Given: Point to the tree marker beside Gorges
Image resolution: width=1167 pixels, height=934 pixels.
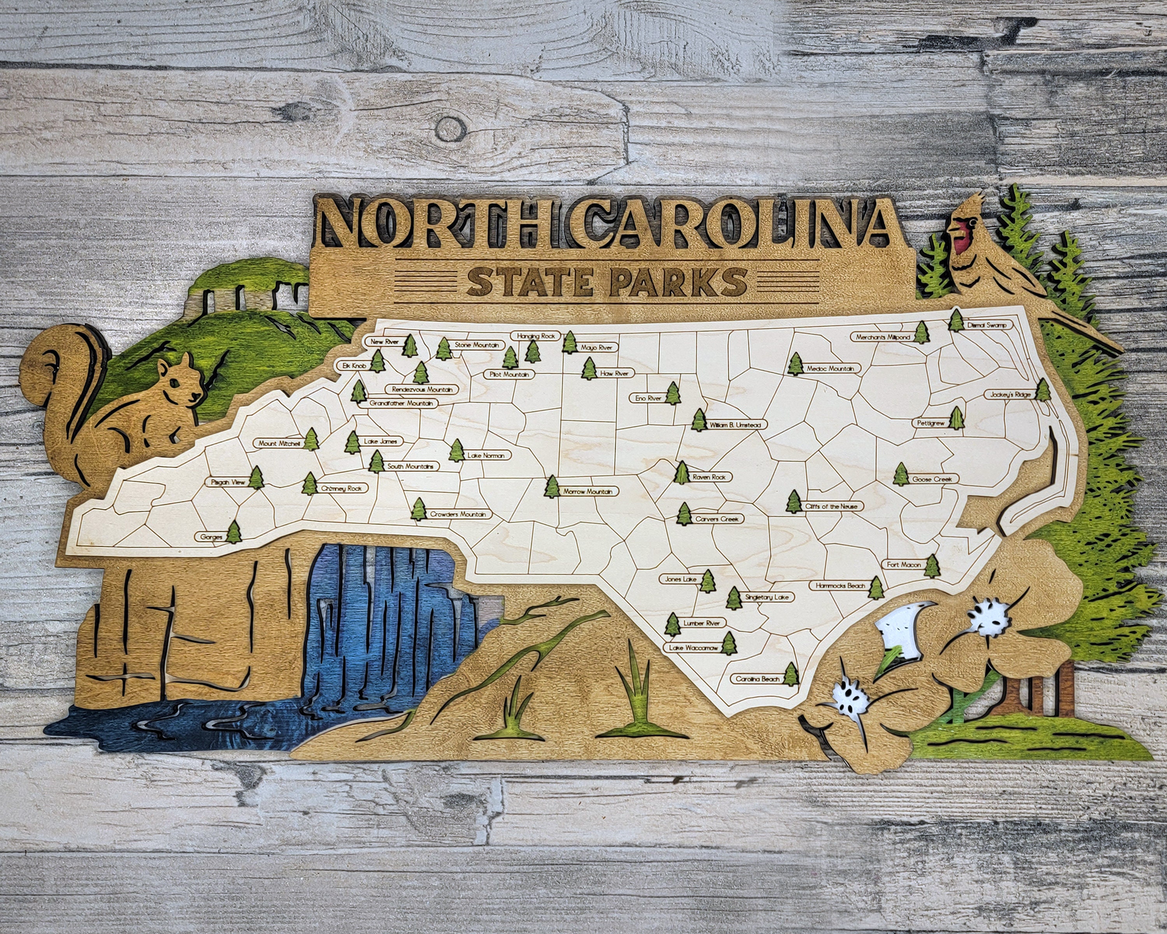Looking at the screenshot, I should point(233,532).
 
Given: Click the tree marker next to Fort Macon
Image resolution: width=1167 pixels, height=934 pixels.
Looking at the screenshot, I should point(932,566).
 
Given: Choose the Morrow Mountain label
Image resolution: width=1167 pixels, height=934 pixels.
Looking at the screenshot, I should point(588,492).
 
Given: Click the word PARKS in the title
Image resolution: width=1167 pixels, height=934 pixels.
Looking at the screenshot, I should point(678,282).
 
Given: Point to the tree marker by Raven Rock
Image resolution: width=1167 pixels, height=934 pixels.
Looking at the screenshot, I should point(682,473).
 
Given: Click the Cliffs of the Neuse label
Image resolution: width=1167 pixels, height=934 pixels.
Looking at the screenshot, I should point(831,507).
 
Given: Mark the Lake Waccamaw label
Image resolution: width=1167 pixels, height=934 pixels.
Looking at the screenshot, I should point(693,648).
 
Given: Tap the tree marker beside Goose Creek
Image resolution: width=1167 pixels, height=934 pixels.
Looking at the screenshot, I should point(901,474).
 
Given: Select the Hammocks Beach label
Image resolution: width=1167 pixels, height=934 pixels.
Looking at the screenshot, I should point(840,586).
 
